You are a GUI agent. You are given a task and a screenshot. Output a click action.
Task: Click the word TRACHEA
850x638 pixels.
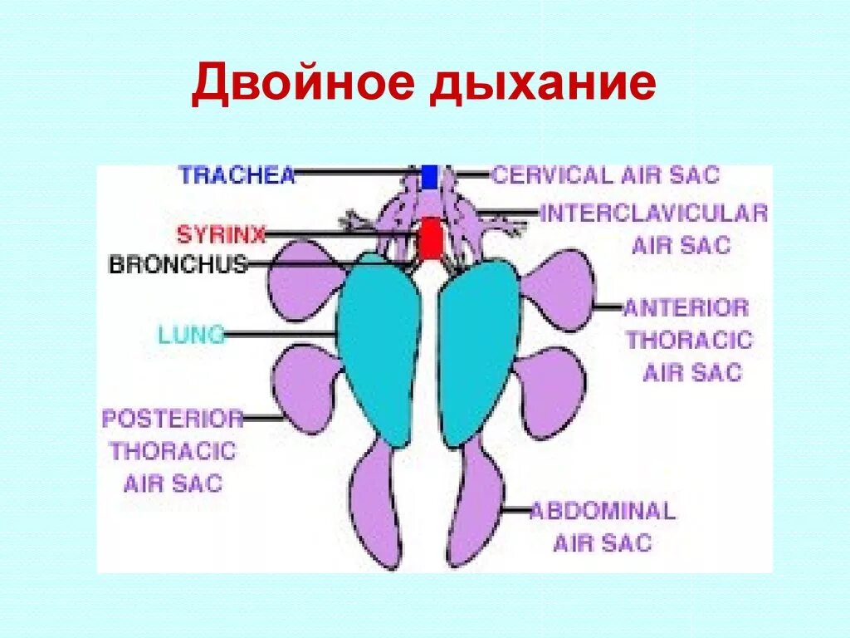tap(237, 175)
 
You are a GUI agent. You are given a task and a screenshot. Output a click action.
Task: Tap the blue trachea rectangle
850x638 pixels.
tap(429, 177)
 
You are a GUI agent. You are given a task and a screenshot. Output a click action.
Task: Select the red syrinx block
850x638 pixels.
tap(431, 239)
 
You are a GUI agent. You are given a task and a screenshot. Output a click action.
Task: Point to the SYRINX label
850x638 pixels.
tap(221, 235)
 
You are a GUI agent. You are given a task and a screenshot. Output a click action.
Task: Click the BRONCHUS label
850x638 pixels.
tap(178, 265)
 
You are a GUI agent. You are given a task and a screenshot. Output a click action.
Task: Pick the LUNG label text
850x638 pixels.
tap(192, 335)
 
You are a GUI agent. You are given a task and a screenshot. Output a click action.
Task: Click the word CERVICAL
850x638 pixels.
tap(551, 175)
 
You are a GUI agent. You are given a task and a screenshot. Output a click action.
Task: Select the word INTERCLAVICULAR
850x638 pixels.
tap(654, 213)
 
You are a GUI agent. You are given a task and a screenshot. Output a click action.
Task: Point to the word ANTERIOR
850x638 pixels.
tap(686, 308)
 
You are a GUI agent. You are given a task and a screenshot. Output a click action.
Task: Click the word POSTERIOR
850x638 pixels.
tap(173, 419)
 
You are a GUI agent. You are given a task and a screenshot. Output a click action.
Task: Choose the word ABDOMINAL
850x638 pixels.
tap(602, 510)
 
